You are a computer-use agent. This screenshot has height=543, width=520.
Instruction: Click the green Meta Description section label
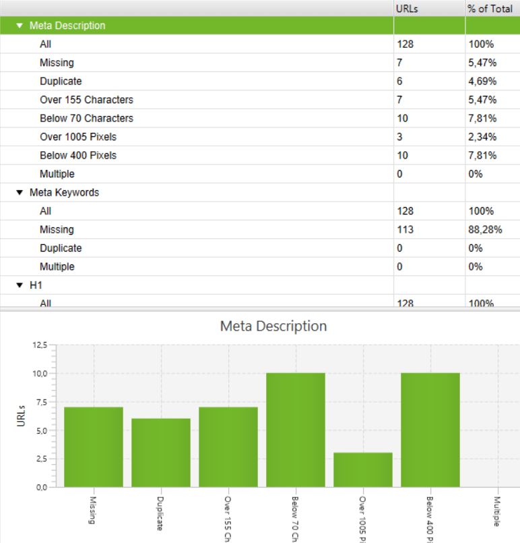pos(67,26)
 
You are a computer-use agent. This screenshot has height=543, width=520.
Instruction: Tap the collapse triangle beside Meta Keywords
pos(20,193)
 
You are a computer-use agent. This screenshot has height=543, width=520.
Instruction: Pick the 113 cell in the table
pos(405,230)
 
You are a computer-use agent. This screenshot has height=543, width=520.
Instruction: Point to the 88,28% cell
pos(485,230)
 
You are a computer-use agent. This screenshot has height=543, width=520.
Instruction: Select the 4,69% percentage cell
pos(483,82)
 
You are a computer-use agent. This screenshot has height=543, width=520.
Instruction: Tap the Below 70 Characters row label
pos(86,119)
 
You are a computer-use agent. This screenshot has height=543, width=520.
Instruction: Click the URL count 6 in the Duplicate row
pos(400,82)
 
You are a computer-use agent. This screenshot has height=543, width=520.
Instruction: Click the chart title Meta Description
pos(273,326)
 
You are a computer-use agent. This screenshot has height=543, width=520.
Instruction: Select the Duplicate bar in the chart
pos(161,453)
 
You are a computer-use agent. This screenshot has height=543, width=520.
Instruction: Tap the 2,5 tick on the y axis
pos(42,459)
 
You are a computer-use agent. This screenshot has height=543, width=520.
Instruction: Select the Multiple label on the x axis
pos(497,513)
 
